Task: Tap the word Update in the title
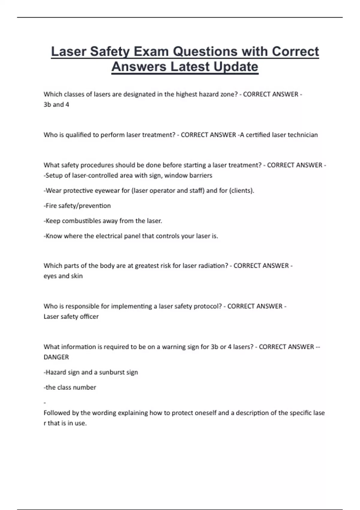[236, 67]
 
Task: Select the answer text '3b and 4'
[56, 105]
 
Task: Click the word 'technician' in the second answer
[302, 135]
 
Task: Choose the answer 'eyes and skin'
[63, 276]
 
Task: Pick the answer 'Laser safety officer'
[71, 316]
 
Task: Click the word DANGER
[56, 357]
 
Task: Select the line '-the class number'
[70, 387]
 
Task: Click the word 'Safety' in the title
[110, 52]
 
